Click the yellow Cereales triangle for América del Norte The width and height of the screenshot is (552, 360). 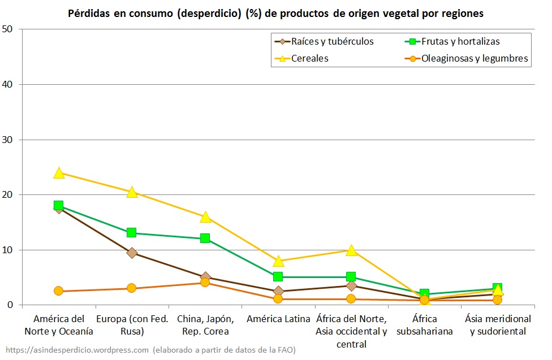point(59,173)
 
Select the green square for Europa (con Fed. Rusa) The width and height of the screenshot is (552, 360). point(132,232)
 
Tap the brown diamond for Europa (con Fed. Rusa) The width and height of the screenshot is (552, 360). point(132,253)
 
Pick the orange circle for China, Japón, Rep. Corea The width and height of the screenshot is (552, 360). point(205,283)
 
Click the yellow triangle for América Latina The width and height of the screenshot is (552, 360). point(278,261)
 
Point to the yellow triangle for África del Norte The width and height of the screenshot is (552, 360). point(351,250)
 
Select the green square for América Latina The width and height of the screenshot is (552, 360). point(278,276)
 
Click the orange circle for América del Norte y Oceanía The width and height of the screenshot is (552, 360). point(59,291)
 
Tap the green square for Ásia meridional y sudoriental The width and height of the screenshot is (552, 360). point(497,288)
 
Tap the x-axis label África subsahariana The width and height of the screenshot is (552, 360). point(424,325)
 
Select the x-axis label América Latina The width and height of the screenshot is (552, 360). point(278,319)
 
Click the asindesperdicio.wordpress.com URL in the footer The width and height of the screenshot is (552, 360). point(76,350)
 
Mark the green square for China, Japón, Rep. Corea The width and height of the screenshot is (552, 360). point(205,238)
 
